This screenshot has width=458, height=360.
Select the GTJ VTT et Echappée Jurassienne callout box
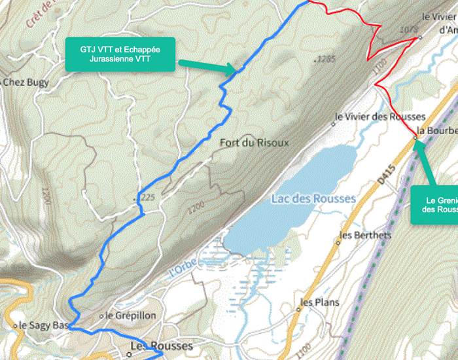point(120,54)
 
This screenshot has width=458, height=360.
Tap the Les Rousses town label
point(162,346)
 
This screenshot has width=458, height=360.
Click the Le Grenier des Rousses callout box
point(434,205)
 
